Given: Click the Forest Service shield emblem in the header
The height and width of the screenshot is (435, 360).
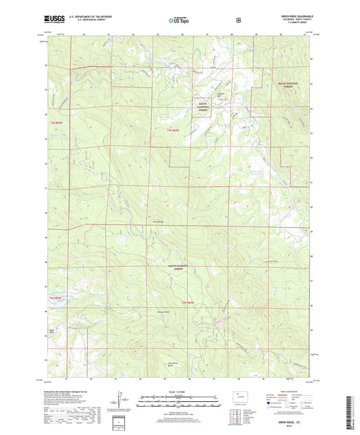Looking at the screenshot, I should click(238, 20).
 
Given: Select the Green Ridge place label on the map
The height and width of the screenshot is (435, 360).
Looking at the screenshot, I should click(157, 220).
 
